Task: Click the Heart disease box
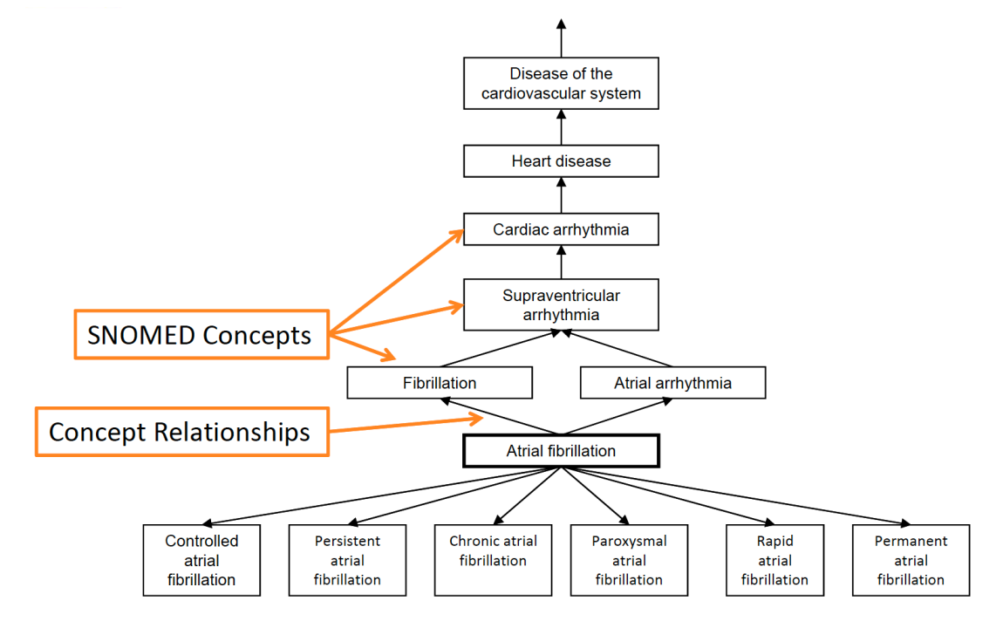561,161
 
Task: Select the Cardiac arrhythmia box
561,230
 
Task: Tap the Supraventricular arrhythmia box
561,305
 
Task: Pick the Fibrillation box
440,383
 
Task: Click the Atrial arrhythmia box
672,383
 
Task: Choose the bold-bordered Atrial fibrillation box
561,451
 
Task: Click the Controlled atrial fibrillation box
201,560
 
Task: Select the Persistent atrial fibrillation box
347,560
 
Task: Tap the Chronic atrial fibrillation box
493,560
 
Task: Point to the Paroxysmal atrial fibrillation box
629,560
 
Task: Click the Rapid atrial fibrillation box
774,560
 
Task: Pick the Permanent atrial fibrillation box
911,560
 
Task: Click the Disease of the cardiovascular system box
561,84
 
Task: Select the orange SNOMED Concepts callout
201,334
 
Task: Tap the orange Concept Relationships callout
181,432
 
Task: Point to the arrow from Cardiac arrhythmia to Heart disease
561,195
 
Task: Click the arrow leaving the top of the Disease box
561,38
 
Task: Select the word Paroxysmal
629,541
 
